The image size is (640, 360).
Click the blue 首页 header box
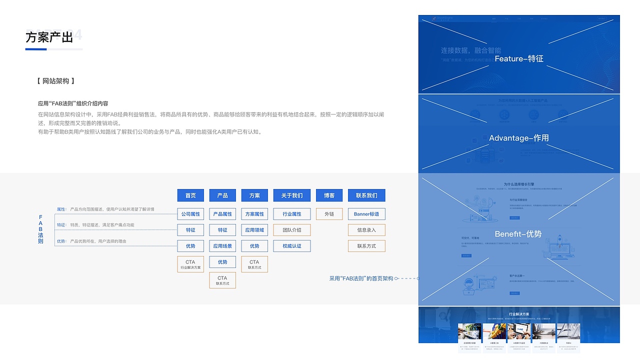pyautogui.click(x=190, y=195)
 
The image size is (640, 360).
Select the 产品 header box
pyautogui.click(x=222, y=195)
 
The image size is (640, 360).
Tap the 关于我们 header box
pyautogui.click(x=292, y=195)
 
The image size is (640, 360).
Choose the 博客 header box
pyautogui.click(x=329, y=195)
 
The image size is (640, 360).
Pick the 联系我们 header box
pyautogui.click(x=366, y=195)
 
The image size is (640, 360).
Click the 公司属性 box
pyautogui.click(x=190, y=214)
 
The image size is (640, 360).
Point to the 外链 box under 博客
pyautogui.click(x=329, y=214)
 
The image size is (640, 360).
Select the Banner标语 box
pyautogui.click(x=366, y=214)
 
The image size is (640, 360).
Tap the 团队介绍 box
pyautogui.click(x=292, y=230)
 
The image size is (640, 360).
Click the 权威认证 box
pyautogui.click(x=292, y=246)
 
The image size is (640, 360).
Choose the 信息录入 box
pyautogui.click(x=366, y=230)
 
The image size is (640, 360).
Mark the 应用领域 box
pyautogui.click(x=254, y=230)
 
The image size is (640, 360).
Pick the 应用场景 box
pyautogui.click(x=222, y=246)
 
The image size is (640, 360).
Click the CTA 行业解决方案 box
pyautogui.click(x=190, y=264)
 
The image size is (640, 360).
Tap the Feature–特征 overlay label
pyautogui.click(x=518, y=58)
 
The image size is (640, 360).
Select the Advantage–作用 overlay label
pyautogui.click(x=518, y=138)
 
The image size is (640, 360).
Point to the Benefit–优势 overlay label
pyautogui.click(x=518, y=234)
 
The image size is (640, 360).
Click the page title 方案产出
pyautogui.click(x=49, y=37)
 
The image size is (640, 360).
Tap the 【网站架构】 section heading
pyautogui.click(x=56, y=81)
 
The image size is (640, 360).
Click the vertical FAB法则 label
pyautogui.click(x=40, y=229)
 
